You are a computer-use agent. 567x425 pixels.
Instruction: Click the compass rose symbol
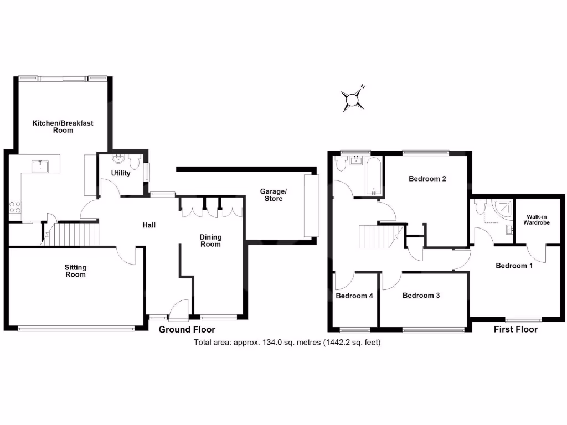tap(352, 100)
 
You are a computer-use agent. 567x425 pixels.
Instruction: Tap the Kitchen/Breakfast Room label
tap(62, 127)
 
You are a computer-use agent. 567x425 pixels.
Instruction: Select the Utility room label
tap(121, 173)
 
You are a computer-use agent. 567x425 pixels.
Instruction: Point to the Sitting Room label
tap(76, 271)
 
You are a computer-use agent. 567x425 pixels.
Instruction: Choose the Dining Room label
tap(210, 241)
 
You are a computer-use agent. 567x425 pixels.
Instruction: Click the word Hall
tap(149, 225)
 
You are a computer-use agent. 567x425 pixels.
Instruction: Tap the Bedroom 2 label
tap(427, 179)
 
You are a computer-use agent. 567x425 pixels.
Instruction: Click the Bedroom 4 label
tap(354, 296)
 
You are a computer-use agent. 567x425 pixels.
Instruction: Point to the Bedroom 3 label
tap(421, 296)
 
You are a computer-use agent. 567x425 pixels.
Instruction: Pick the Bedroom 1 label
tap(514, 266)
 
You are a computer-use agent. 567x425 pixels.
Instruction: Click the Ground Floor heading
tap(187, 330)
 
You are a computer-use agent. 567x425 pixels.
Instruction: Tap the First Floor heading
tap(516, 329)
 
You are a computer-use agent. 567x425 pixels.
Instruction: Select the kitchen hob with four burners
tap(15, 207)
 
